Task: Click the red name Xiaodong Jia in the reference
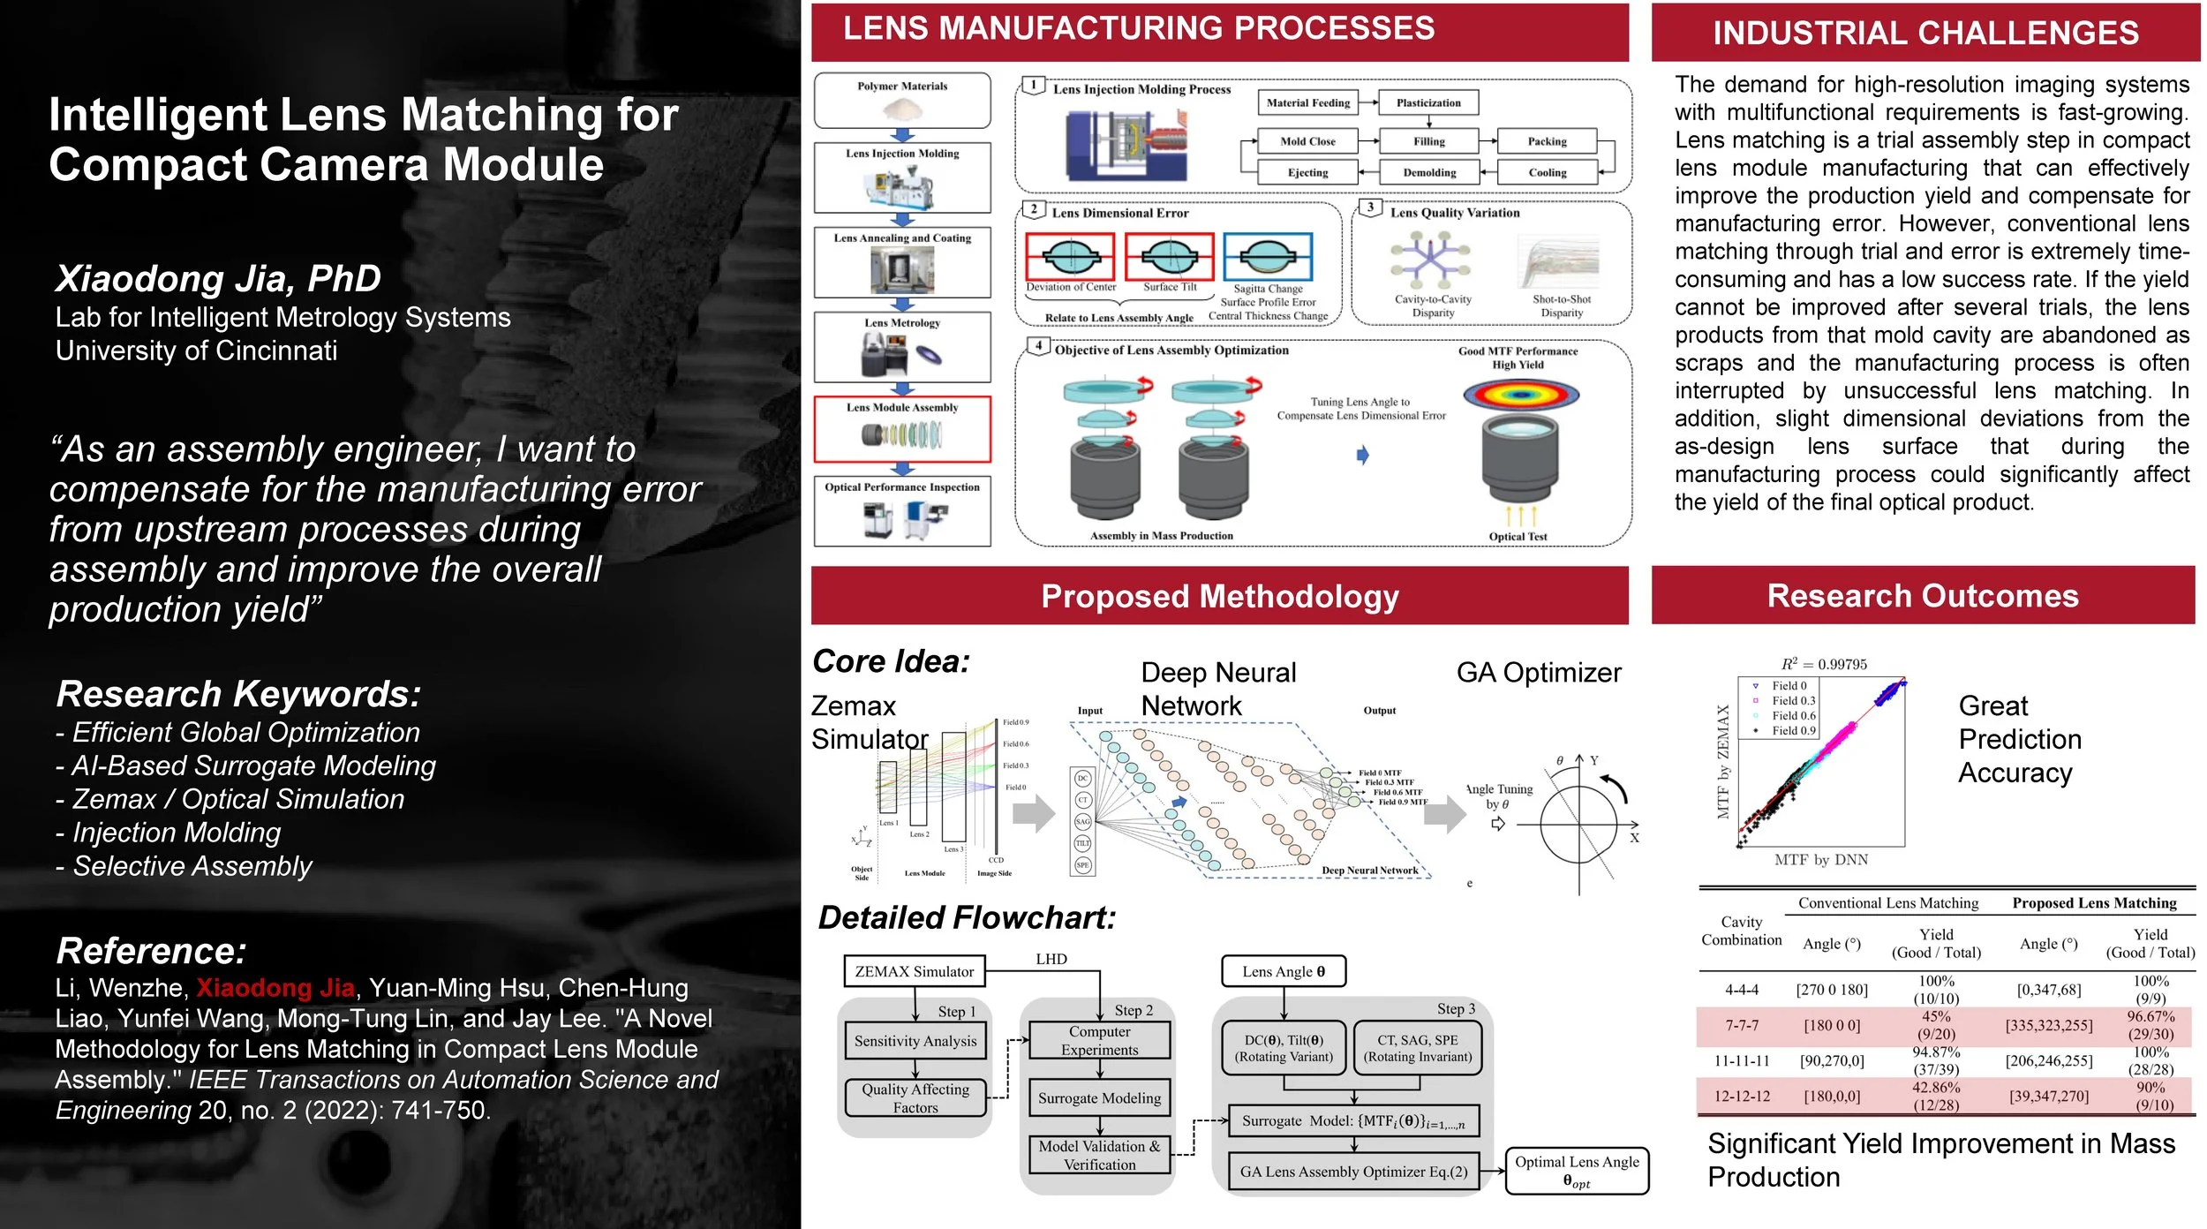[275, 988]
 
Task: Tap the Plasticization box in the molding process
[1427, 102]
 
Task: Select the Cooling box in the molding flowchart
[1547, 172]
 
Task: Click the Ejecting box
[1307, 172]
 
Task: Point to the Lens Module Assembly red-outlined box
[901, 429]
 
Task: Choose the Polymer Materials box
[901, 100]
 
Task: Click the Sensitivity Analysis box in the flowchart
[915, 1041]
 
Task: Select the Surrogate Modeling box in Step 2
[1099, 1098]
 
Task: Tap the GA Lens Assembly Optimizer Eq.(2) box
[1352, 1172]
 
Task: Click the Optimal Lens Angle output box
[1576, 1171]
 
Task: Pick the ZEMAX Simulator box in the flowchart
[914, 971]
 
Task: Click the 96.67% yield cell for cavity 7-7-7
[2151, 1025]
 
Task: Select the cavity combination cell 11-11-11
[1741, 1060]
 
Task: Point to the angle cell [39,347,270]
[2048, 1096]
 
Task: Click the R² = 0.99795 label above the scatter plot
[1823, 664]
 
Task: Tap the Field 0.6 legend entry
[1793, 715]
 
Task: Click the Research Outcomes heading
[1922, 596]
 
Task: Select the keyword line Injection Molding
[176, 833]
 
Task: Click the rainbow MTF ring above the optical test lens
[1520, 394]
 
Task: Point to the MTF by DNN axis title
[1820, 859]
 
